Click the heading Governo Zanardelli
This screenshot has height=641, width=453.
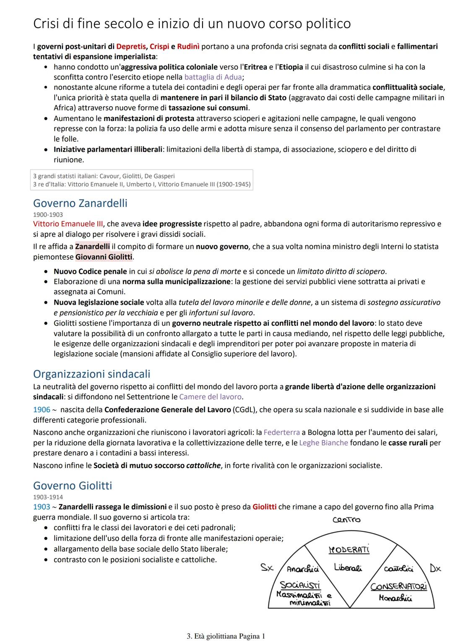80,203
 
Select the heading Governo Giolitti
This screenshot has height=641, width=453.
73,486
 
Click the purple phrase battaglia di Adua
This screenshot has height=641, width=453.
213,77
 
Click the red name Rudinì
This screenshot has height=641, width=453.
188,47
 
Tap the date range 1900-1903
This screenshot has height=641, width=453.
48,215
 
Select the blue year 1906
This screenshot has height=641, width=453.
42,410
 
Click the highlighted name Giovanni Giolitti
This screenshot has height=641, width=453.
104,257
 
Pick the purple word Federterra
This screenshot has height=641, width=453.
281,432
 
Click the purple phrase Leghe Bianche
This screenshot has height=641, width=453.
323,443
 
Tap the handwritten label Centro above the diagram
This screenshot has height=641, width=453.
346,520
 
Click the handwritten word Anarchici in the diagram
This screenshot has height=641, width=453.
302,569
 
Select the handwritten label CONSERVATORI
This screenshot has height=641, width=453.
398,586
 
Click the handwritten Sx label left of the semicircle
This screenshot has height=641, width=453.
267,568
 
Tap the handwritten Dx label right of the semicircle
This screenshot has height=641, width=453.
435,568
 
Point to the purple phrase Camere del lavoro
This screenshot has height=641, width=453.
211,397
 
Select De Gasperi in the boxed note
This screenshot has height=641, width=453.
159,176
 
